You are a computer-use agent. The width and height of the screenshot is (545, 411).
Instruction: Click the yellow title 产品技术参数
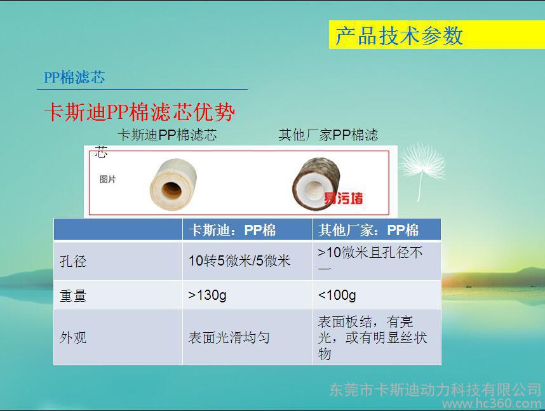coord(399,35)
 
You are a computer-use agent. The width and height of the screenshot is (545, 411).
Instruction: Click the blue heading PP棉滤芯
coord(74,77)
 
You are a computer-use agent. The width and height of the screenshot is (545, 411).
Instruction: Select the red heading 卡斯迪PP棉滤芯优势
coord(140,112)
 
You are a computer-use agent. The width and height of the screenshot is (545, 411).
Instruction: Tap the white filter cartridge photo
coord(173,184)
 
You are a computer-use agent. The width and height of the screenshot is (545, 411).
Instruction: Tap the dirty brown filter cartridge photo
coord(316,184)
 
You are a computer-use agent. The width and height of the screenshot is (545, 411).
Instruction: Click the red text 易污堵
coord(344,198)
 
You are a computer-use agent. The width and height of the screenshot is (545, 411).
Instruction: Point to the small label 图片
coord(108,179)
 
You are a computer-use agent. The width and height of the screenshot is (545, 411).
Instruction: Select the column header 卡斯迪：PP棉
coord(232,230)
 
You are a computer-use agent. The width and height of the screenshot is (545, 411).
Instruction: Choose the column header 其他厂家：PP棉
coord(368,230)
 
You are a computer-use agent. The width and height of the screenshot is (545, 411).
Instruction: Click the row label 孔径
coord(73,261)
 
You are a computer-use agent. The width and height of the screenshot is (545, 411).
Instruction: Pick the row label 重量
coord(73,295)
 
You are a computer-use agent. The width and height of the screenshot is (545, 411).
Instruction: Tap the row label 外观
coord(73,337)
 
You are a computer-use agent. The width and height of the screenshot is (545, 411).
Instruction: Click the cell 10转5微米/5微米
coord(239,260)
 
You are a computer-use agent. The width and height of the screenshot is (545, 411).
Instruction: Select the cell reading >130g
coord(208,295)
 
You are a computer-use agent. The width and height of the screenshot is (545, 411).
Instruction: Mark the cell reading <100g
coord(337,295)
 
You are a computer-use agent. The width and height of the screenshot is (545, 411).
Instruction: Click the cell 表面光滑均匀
coord(229,337)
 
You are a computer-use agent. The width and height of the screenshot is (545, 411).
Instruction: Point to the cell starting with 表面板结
coord(372,337)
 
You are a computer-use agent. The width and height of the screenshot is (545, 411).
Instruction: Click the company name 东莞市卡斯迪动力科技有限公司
coord(436,390)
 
